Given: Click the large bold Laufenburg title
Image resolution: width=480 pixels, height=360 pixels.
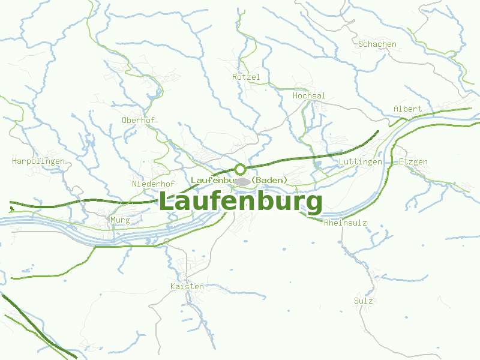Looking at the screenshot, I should [x=241, y=202].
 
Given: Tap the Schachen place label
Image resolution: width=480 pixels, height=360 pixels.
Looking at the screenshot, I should [x=377, y=44].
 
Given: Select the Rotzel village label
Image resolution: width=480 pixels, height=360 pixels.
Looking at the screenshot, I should [x=246, y=77].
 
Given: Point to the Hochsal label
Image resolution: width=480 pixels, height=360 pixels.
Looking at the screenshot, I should [x=309, y=95].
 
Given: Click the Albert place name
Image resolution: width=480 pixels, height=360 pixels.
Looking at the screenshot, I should [x=407, y=109].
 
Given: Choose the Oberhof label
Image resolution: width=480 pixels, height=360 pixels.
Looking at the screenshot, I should [x=138, y=120].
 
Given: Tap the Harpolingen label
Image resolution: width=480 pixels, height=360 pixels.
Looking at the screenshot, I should [x=38, y=161].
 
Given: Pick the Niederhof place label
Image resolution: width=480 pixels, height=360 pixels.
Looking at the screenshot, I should [x=153, y=184].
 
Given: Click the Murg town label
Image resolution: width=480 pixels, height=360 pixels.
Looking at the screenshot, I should [x=120, y=220].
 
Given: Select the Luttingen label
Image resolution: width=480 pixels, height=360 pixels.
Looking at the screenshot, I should [x=360, y=162].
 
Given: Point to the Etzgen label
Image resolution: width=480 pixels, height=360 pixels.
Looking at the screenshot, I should [x=413, y=162].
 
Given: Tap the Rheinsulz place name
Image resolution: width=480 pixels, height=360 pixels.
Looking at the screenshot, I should [x=345, y=223].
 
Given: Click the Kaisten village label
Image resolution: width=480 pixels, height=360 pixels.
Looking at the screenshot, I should [x=187, y=286].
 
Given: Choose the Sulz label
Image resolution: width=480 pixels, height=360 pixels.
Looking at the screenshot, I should [x=364, y=301].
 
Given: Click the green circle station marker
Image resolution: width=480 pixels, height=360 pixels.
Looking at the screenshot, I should [x=241, y=169].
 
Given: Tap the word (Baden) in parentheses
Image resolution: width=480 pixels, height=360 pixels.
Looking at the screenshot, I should [x=269, y=180].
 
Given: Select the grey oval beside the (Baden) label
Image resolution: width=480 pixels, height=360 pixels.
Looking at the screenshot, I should [x=242, y=181].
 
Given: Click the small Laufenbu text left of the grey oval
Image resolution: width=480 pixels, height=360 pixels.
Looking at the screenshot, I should [x=211, y=180].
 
